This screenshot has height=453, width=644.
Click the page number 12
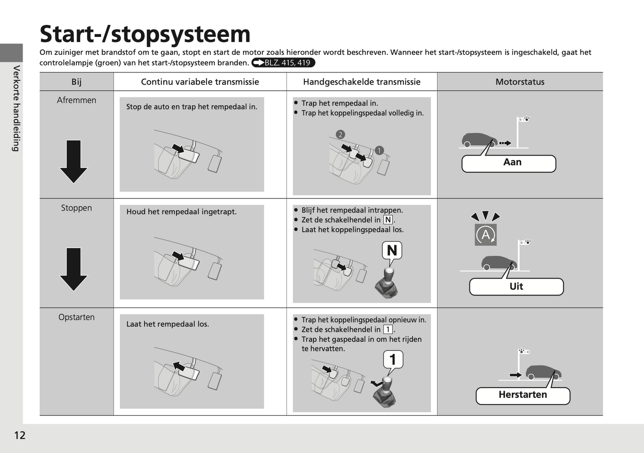[x=20, y=435]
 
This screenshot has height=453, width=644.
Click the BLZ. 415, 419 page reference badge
[x=283, y=63]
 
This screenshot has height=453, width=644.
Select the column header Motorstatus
[x=520, y=82]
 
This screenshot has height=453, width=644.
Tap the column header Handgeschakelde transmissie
[x=362, y=82]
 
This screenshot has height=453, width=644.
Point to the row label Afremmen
[x=77, y=100]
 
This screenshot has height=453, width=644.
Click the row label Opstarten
[x=77, y=317]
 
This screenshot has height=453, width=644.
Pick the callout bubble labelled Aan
[x=509, y=163]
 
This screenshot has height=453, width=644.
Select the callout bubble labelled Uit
[x=517, y=287]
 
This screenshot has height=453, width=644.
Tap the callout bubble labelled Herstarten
[x=523, y=396]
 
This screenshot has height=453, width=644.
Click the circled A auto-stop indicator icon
[x=486, y=235]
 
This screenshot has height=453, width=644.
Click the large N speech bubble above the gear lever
[x=392, y=251]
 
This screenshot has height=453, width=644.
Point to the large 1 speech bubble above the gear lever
[x=393, y=360]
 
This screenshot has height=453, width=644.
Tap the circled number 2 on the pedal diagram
[x=340, y=135]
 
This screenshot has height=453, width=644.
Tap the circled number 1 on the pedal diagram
[x=379, y=150]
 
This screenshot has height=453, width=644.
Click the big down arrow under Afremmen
[x=74, y=162]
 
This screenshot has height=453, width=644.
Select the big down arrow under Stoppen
[x=74, y=269]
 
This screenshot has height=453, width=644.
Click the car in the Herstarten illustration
[x=543, y=372]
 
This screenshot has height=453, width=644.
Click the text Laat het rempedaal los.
[x=168, y=324]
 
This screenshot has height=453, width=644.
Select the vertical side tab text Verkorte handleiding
[x=16, y=108]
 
